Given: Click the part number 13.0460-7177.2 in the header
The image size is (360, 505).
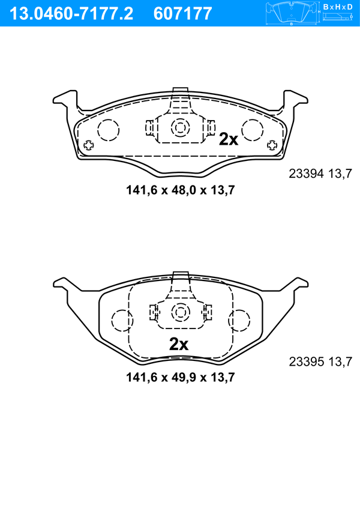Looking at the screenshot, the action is pyautogui.click(x=71, y=14).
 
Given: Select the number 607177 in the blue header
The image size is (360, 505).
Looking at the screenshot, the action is pyautogui.click(x=183, y=14).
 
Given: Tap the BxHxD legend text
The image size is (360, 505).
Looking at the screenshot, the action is pyautogui.click(x=338, y=7).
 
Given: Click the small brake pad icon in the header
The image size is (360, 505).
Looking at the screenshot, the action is pyautogui.click(x=292, y=14).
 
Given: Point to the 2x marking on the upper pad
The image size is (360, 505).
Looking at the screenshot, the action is pyautogui.click(x=229, y=139).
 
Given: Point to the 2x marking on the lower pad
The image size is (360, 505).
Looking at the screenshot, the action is pyautogui.click(x=179, y=344).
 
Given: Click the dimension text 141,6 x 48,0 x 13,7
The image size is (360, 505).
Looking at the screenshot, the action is pyautogui.click(x=181, y=190).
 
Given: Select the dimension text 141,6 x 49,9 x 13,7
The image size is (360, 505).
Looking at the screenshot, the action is pyautogui.click(x=181, y=377).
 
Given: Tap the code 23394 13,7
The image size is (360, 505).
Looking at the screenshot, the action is pyautogui.click(x=320, y=174).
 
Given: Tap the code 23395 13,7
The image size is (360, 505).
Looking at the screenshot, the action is pyautogui.click(x=320, y=361).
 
